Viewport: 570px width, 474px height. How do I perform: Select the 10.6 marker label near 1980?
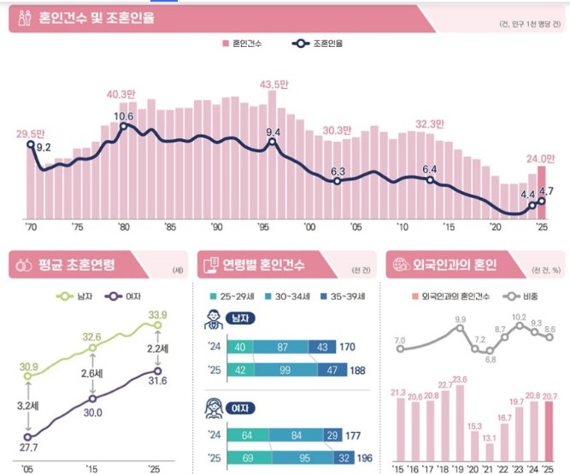pyautogui.click(x=124, y=115)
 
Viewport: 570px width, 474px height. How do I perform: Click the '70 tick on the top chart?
pyautogui.click(x=32, y=226)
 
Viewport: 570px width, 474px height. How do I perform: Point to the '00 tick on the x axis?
pyautogui.click(x=310, y=226)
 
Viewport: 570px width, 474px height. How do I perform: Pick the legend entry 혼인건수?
pyautogui.click(x=248, y=42)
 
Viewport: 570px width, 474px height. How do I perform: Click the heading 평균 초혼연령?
pyautogui.click(x=76, y=263)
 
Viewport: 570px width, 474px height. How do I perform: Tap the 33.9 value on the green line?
pyautogui.click(x=157, y=315)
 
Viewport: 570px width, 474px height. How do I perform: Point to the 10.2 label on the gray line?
pyautogui.click(x=519, y=316)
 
